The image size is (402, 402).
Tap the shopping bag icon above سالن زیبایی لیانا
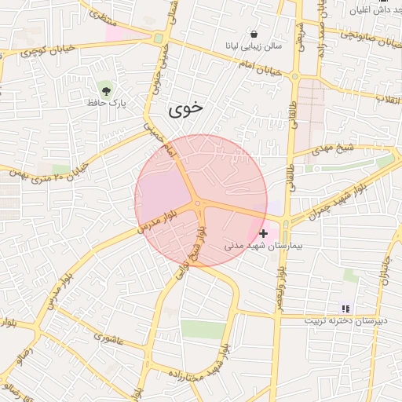tap(254, 34)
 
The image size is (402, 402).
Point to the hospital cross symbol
tap(263, 233)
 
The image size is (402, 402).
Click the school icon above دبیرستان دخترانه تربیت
tap(346, 309)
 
